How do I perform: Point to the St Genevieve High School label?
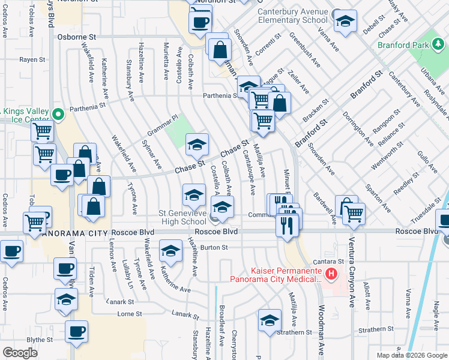tap(182, 217)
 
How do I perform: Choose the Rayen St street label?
tap(32, 60)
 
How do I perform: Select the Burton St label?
tap(214, 247)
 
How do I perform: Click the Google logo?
tap(20, 353)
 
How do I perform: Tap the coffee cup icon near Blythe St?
tap(77, 331)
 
